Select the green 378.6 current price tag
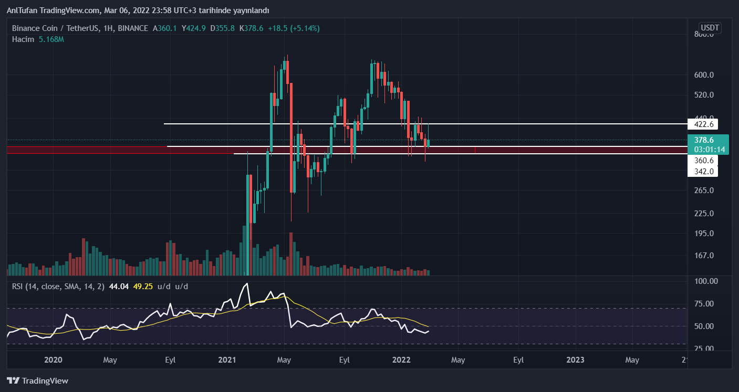[707, 144]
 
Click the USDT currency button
[710, 28]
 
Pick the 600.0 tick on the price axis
[704, 75]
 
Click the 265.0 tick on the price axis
[704, 190]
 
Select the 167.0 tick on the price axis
[704, 256]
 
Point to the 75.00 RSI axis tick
[705, 303]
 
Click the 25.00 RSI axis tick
[705, 348]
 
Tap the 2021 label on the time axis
[227, 360]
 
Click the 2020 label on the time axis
[54, 360]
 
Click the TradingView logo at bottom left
[38, 380]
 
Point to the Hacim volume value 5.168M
[51, 39]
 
